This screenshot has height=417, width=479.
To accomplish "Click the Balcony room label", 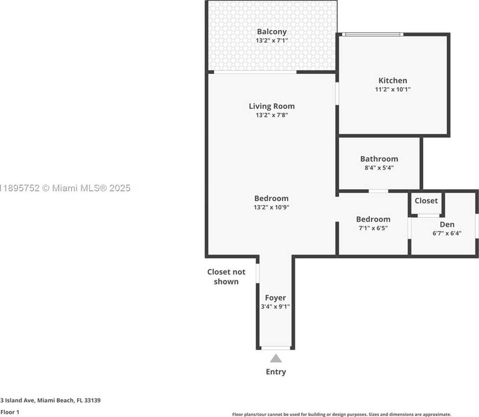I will (x=272, y=32).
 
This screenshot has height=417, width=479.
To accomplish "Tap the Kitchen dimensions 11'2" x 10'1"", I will (x=392, y=89).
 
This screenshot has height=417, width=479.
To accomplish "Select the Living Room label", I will (x=272, y=106).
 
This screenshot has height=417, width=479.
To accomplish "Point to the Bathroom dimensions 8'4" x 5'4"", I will (x=379, y=167).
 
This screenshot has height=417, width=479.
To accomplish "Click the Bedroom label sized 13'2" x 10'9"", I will (x=271, y=198).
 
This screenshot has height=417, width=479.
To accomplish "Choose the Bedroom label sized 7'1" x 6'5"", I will (x=373, y=219).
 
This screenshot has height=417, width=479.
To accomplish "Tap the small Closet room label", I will (x=426, y=201).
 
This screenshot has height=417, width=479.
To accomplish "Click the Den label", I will (x=447, y=224).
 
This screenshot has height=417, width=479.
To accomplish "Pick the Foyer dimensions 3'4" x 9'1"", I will (x=275, y=306).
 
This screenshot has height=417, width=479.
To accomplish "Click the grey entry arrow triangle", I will (x=276, y=358).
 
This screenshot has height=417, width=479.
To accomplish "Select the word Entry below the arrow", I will (x=276, y=372).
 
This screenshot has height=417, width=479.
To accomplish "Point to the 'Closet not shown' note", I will (x=226, y=277).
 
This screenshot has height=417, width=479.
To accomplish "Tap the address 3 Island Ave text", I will (x=50, y=400).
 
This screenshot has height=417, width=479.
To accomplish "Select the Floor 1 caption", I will (x=10, y=412).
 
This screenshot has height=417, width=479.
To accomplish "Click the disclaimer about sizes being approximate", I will (x=341, y=414).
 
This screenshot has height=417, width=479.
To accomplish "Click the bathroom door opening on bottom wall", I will (x=378, y=191).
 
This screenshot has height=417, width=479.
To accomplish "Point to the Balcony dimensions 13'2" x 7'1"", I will (x=272, y=40).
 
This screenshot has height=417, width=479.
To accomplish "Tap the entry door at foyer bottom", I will (x=276, y=348).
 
